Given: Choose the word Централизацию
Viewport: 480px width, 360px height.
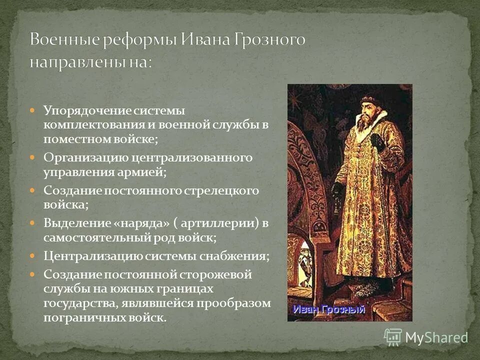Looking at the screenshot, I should [92, 256].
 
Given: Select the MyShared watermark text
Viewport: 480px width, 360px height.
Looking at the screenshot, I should [436, 337].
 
